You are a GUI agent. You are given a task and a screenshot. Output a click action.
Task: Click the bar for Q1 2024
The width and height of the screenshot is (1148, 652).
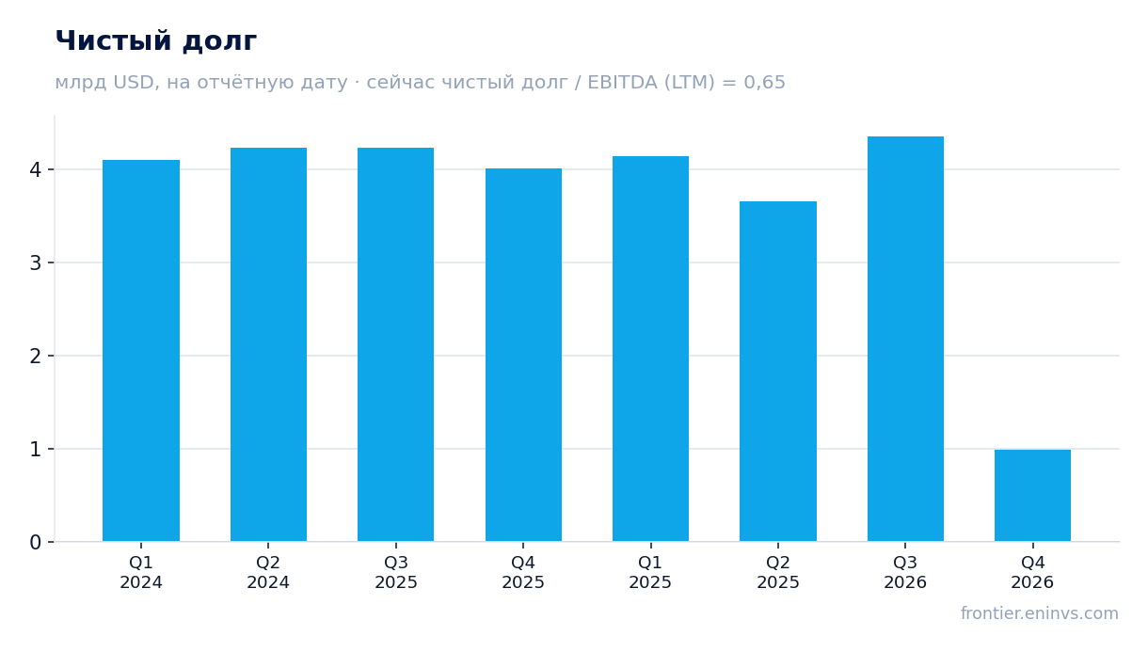click(x=141, y=351)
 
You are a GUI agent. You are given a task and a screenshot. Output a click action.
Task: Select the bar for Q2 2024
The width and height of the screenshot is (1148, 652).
click(x=268, y=344)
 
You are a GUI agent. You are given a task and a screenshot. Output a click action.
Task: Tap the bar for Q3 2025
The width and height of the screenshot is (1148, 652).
click(x=395, y=344)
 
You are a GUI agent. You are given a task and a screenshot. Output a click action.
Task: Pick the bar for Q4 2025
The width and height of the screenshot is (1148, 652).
click(x=523, y=355)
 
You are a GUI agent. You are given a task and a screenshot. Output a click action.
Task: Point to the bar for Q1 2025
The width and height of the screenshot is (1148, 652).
click(x=650, y=348)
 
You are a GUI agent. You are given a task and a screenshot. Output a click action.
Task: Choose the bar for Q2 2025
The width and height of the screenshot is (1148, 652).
click(x=778, y=371)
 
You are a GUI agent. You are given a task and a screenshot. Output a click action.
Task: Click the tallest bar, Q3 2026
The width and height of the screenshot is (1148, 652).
click(x=905, y=339)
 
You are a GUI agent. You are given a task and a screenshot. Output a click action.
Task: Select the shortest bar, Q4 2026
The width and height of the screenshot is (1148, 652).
click(x=1032, y=495)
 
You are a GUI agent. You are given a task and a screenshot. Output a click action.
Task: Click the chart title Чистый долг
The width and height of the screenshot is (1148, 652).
click(x=156, y=41)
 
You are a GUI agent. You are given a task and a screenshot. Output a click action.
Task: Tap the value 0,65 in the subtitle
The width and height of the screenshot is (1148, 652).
click(x=764, y=83)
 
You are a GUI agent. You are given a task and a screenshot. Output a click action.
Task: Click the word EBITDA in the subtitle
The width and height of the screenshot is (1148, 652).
click(x=622, y=82)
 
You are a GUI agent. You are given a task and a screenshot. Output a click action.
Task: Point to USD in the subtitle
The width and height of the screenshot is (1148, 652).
click(x=134, y=82)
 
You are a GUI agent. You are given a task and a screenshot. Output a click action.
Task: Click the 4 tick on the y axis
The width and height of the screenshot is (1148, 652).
click(x=35, y=169)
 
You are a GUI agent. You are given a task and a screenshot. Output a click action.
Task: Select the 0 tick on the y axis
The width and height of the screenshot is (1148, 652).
click(x=35, y=542)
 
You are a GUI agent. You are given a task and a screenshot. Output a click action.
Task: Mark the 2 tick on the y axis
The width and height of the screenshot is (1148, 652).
click(x=35, y=356)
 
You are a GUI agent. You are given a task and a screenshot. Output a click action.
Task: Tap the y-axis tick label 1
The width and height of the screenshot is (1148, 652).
click(x=35, y=449)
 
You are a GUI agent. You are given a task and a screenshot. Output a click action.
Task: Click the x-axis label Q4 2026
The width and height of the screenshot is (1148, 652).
click(x=1032, y=573)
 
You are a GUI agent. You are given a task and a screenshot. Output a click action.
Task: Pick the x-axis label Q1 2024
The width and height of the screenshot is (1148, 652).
click(x=141, y=573)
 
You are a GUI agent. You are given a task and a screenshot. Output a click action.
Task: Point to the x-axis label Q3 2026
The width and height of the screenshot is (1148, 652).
click(x=905, y=573)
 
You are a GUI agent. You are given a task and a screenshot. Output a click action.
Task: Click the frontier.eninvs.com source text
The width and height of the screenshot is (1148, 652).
click(x=1040, y=613)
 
